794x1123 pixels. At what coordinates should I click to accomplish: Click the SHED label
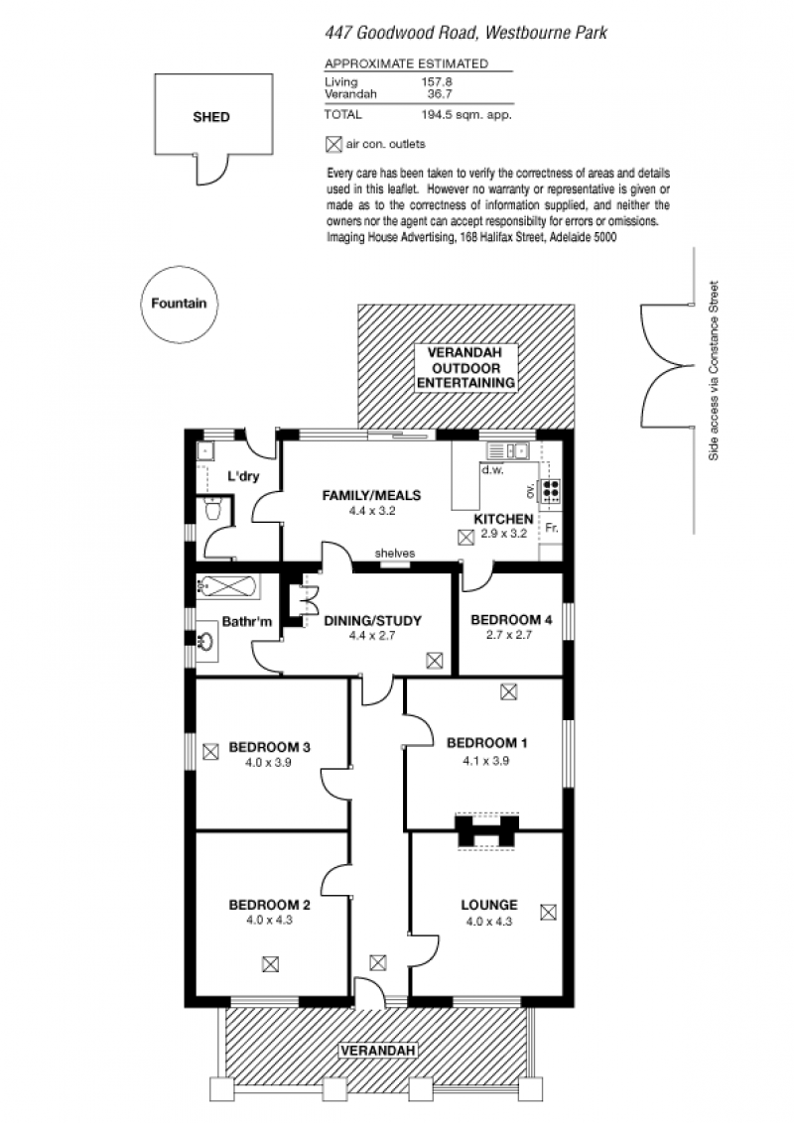coord(211,117)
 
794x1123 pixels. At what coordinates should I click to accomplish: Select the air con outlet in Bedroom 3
coord(210,752)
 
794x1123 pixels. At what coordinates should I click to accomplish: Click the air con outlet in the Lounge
coord(548,912)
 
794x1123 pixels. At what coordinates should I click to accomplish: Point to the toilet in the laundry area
coord(212,509)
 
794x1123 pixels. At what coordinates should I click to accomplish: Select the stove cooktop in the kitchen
coord(551,490)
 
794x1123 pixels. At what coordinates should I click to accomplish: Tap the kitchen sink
coord(507,450)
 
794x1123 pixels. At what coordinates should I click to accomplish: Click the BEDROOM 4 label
coord(511,619)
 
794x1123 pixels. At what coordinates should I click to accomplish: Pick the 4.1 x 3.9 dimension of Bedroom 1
coord(486,761)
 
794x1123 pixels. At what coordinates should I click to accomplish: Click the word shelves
coord(395,553)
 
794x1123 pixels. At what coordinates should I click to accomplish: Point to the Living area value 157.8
coord(437,82)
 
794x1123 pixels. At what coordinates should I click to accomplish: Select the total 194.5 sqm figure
coord(465,115)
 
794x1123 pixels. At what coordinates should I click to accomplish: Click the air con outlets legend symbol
coord(333,144)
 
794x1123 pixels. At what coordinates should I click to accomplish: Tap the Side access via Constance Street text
coord(713,370)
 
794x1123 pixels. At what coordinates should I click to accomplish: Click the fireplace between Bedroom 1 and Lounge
coord(486,831)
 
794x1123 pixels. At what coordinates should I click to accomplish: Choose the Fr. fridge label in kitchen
coord(551,528)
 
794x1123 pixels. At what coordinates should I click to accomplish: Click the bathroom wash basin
coord(206,639)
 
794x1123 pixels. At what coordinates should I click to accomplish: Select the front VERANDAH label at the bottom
coord(378,1051)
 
